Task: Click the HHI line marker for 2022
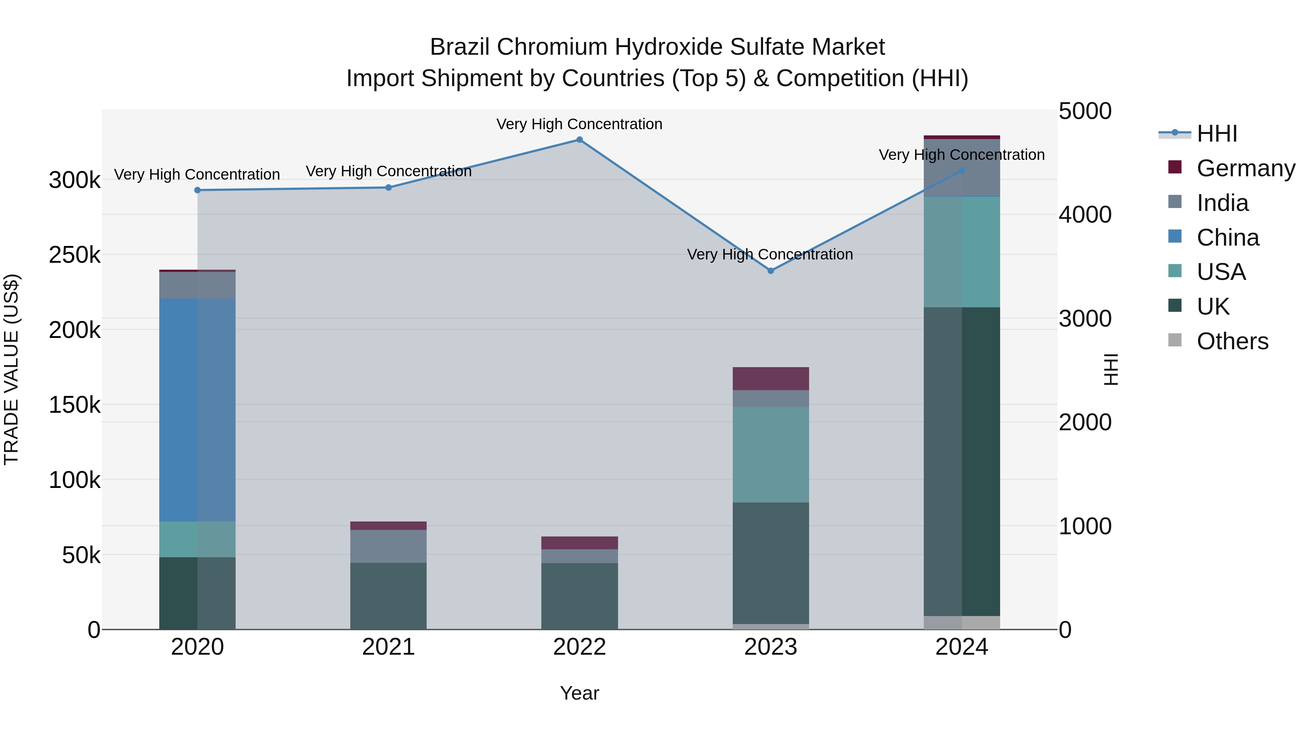tap(579, 140)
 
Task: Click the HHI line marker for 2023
tap(771, 271)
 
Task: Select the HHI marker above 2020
tap(198, 190)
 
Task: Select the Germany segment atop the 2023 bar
tap(771, 378)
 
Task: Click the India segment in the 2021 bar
tap(389, 546)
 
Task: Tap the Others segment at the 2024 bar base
tap(962, 623)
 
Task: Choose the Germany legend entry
tap(1246, 168)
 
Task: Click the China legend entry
tap(1228, 238)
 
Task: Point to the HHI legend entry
tap(1216, 134)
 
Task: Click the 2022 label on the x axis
tap(579, 647)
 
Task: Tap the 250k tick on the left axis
tap(75, 255)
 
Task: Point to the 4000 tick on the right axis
tap(1085, 215)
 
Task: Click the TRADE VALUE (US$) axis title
tap(11, 369)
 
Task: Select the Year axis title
tap(579, 693)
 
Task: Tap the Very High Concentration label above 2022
tap(579, 124)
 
